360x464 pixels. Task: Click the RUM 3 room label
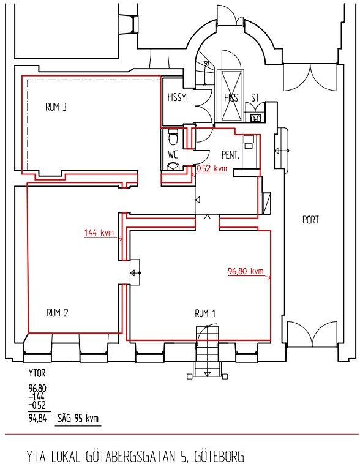[56, 107]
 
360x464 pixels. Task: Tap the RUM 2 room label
[58, 313]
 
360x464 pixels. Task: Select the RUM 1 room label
[205, 313]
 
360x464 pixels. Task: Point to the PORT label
[310, 220]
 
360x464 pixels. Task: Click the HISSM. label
[178, 97]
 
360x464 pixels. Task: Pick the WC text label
[173, 154]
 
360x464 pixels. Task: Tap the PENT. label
[230, 155]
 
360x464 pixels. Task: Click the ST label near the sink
[255, 98]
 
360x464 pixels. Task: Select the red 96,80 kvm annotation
[246, 271]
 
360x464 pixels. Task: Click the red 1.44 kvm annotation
[99, 233]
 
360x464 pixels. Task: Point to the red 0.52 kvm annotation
[212, 169]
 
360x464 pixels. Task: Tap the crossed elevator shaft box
[231, 95]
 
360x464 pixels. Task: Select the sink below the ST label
[255, 118]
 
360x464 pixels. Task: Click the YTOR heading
[37, 373]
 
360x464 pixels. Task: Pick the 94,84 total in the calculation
[37, 419]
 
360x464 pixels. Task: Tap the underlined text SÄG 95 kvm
[78, 419]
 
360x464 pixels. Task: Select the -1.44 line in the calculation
[37, 397]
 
